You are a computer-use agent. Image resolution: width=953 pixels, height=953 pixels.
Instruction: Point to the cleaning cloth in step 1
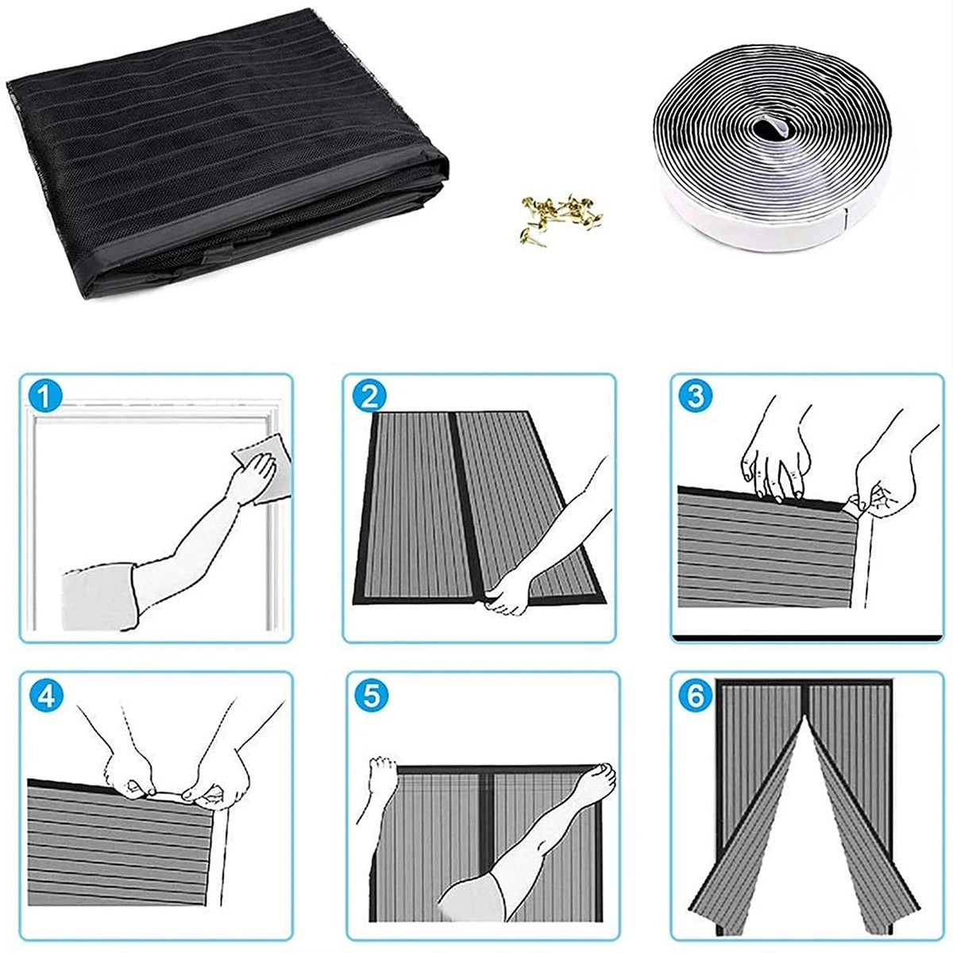pyautogui.click(x=262, y=467)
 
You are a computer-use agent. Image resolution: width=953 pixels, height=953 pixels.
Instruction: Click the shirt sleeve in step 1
pyautogui.click(x=99, y=596)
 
